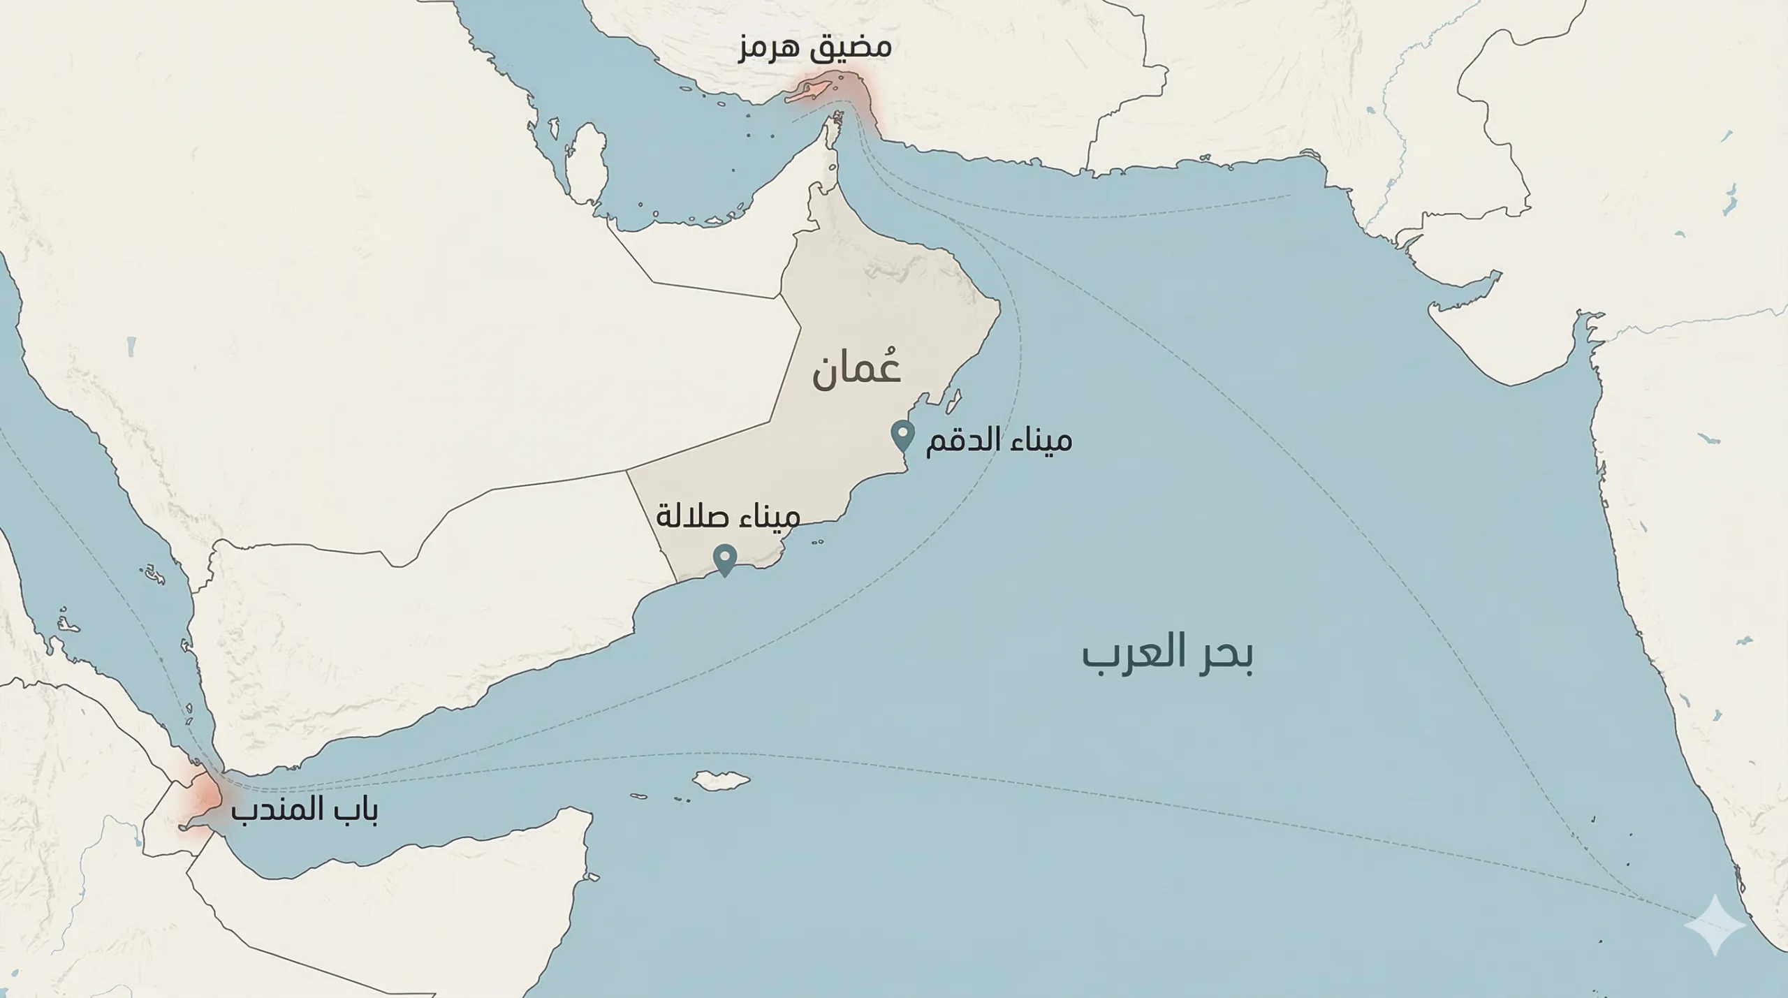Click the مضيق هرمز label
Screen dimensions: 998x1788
[814, 47]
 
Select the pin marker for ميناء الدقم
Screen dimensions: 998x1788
[902, 436]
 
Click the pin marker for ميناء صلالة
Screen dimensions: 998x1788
[725, 559]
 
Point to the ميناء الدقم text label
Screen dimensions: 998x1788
[998, 441]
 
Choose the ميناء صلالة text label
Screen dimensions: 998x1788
[728, 517]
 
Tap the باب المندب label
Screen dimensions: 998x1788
[305, 810]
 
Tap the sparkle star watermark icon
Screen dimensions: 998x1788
[1714, 924]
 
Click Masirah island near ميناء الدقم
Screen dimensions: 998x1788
[953, 401]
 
